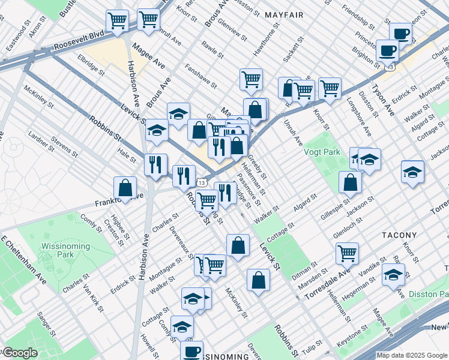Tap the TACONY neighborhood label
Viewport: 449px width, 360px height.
pyautogui.click(x=397, y=235)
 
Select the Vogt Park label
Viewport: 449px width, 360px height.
pyautogui.click(x=324, y=152)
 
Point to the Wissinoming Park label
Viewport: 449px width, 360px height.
pyautogui.click(x=65, y=251)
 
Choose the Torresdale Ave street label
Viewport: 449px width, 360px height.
pyautogui.click(x=327, y=285)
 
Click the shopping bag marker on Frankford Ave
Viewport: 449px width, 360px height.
pyautogui.click(x=125, y=187)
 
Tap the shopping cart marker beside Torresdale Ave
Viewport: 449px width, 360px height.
pyautogui.click(x=347, y=253)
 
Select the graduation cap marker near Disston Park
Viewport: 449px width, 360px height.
pyautogui.click(x=393, y=275)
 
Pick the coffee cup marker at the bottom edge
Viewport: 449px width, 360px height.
pyautogui.click(x=192, y=352)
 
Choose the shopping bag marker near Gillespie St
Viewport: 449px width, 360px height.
pyautogui.click(x=350, y=182)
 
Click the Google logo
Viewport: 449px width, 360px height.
pyautogui.click(x=19, y=353)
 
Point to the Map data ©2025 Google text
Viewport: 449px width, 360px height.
pyautogui.click(x=411, y=355)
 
